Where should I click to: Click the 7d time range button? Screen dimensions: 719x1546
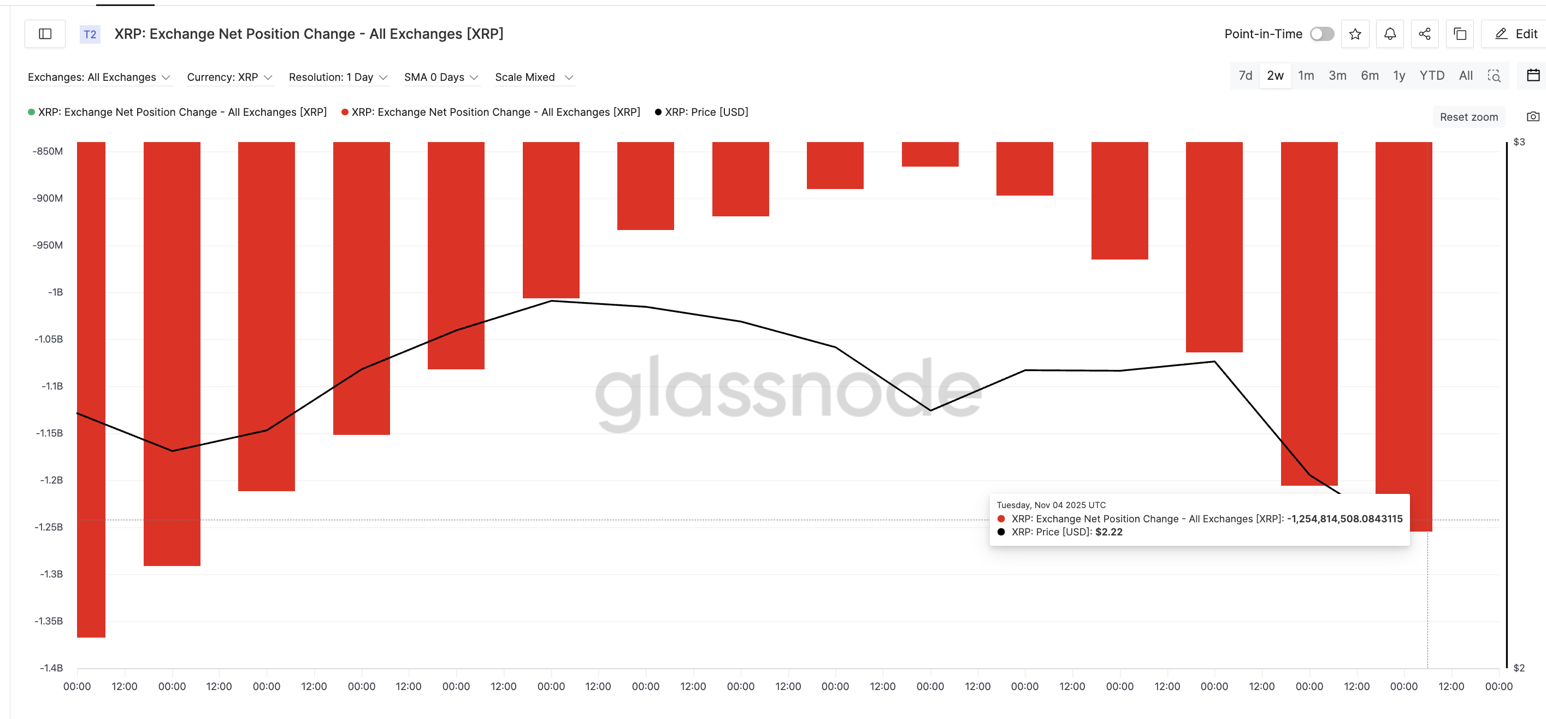click(1245, 75)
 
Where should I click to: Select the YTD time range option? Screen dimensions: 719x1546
click(1431, 75)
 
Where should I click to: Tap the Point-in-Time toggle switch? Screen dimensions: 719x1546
click(1321, 34)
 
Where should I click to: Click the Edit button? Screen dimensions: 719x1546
click(1516, 34)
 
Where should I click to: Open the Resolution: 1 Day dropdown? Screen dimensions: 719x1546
click(338, 78)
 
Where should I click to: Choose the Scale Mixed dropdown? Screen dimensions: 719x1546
click(534, 78)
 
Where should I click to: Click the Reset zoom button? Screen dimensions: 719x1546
click(1468, 117)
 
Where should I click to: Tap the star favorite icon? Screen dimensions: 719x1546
click(1355, 34)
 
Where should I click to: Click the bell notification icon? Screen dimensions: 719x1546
click(1390, 34)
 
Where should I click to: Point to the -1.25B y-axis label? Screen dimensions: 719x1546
click(49, 527)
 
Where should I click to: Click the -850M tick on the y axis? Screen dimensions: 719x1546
click(48, 151)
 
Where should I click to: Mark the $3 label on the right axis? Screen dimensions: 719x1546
click(1519, 142)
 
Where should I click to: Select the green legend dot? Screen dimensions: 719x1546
click(31, 112)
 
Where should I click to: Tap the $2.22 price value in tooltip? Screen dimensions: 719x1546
click(1108, 532)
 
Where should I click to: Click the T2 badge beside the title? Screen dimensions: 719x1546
click(90, 34)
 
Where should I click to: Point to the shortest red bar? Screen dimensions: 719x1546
click(930, 154)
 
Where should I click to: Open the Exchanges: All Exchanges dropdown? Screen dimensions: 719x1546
click(99, 78)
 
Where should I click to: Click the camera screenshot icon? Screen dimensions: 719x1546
click(1533, 116)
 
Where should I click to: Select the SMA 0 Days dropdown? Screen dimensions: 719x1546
click(441, 78)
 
